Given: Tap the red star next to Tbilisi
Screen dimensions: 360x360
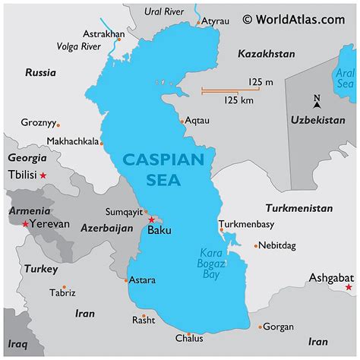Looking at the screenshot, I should point(43,175).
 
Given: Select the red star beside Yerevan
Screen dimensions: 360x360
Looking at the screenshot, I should point(27,224).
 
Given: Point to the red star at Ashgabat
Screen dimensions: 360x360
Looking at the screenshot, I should point(349,287).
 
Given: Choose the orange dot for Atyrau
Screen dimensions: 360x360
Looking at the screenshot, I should point(200,23).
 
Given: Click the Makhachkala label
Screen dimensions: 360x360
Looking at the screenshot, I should point(72,141).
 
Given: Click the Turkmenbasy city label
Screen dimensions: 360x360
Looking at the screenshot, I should point(246,224).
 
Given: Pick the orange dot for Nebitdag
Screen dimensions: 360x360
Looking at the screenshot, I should point(256,245).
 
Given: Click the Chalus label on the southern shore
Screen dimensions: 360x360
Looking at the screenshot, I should point(189,338).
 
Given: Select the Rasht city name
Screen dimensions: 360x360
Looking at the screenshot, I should point(143,320).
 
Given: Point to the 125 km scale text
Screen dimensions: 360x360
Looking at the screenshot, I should point(238,99).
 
